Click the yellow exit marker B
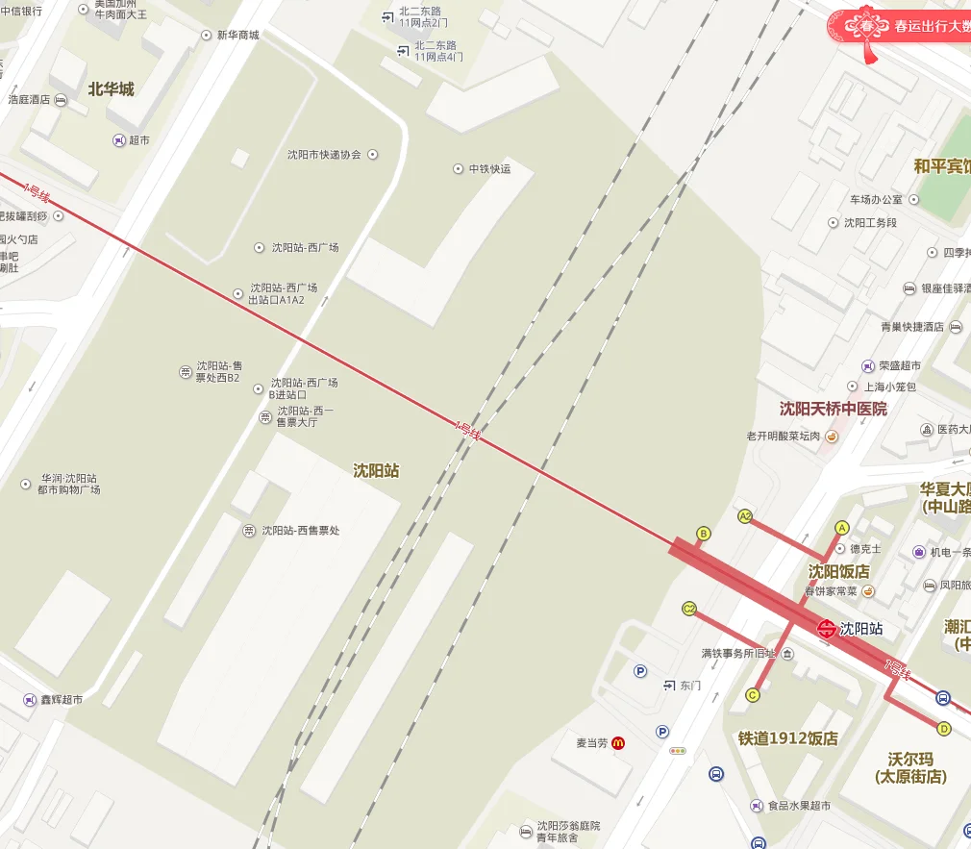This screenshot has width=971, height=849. [703, 534]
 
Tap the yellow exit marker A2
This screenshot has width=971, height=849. [744, 516]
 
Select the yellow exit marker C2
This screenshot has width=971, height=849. [689, 608]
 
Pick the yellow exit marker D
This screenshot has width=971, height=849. [943, 728]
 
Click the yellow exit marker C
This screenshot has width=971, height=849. [753, 695]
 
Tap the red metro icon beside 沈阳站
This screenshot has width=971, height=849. [826, 630]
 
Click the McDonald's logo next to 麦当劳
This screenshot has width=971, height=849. [619, 743]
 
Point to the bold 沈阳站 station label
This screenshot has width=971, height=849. [376, 471]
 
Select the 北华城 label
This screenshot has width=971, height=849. [111, 89]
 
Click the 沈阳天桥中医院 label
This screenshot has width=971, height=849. [833, 409]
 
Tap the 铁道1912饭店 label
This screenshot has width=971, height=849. [787, 738]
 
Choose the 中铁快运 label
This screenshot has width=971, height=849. [489, 169]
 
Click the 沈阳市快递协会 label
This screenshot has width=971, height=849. [324, 155]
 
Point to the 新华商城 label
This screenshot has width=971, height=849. [237, 36]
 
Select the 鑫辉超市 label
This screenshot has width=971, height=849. [62, 699]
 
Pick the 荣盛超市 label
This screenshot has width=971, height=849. [899, 366]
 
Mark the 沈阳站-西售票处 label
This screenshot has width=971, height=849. [301, 531]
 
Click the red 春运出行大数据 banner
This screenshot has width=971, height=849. [913, 27]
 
